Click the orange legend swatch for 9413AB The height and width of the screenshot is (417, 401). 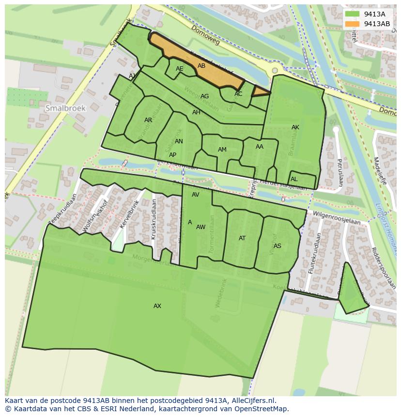tap(353, 24)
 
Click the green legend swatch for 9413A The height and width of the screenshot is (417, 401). tap(353, 15)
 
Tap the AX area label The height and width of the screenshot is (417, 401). tap(157, 306)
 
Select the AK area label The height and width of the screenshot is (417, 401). tap(295, 127)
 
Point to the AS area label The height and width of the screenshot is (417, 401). tap(278, 246)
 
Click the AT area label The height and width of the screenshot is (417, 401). tap(242, 238)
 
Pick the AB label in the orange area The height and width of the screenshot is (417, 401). tap(201, 66)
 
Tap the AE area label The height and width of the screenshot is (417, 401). tap(180, 69)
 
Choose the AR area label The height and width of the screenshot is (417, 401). tap(148, 120)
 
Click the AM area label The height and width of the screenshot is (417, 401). tap(222, 150)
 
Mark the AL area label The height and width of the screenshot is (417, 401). tap(294, 179)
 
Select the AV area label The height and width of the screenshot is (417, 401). tap(196, 195)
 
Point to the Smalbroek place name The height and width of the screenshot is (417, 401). tap(65, 108)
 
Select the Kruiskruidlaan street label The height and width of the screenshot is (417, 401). tap(154, 219)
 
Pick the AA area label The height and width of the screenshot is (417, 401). tap(260, 147)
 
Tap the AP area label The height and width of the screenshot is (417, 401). tap(172, 155)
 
